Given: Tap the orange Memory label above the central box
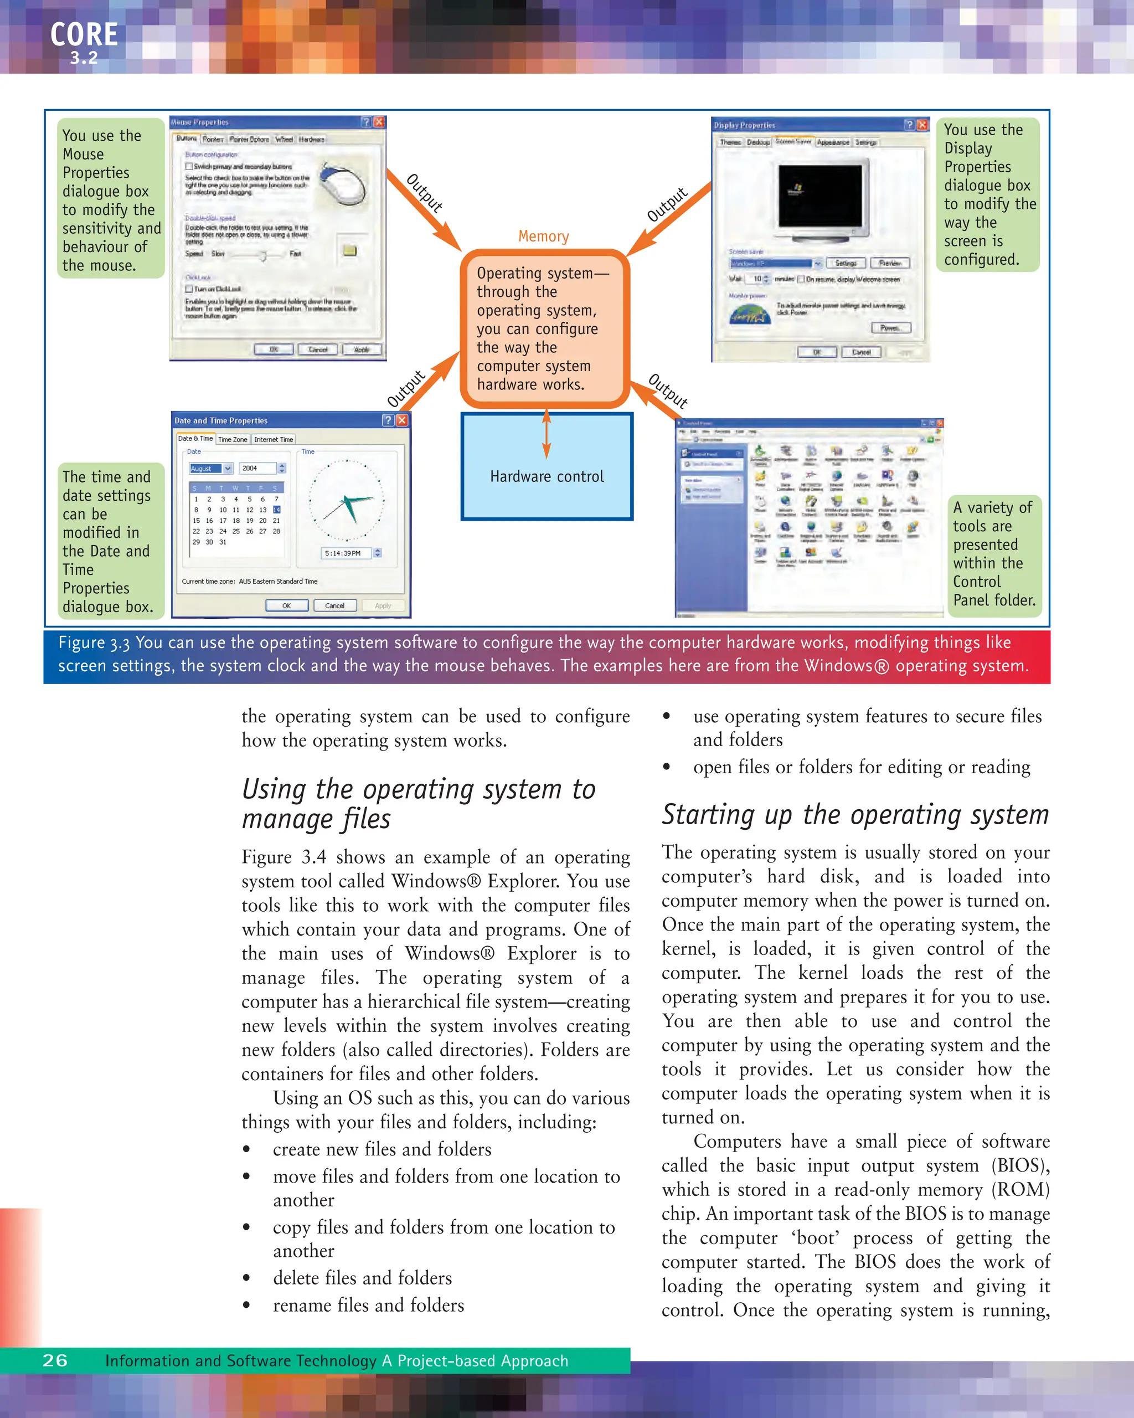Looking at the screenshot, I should [x=543, y=236].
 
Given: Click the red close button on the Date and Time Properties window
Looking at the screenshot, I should [x=401, y=420].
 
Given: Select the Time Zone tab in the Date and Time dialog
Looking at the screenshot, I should [x=233, y=439].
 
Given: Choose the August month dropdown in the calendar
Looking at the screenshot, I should [x=210, y=468].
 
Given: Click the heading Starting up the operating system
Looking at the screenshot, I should [x=854, y=815].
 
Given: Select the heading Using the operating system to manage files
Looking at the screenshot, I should [x=418, y=804].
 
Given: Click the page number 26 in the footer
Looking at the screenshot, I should [x=55, y=1360].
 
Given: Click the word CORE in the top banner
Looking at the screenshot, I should [x=84, y=34].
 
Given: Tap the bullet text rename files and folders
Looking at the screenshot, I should [x=368, y=1305].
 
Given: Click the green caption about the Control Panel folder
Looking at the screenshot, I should [x=994, y=554].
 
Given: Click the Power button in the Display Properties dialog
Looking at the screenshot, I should [x=891, y=327].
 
